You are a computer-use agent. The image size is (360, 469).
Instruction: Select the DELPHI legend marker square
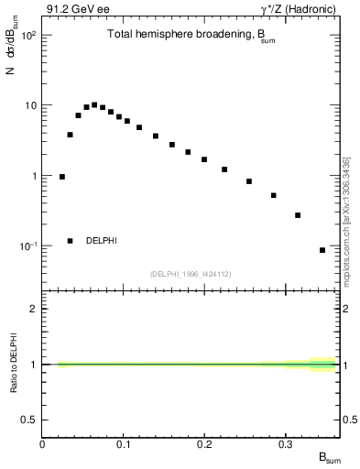click(70, 241)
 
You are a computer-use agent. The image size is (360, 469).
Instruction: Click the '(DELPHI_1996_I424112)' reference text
click(191, 274)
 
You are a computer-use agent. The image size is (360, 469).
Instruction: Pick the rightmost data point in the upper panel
click(322, 250)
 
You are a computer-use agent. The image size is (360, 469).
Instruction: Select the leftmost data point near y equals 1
click(62, 177)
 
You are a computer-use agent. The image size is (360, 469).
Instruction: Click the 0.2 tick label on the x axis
click(203, 444)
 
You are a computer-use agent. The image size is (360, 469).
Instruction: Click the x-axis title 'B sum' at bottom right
click(328, 457)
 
